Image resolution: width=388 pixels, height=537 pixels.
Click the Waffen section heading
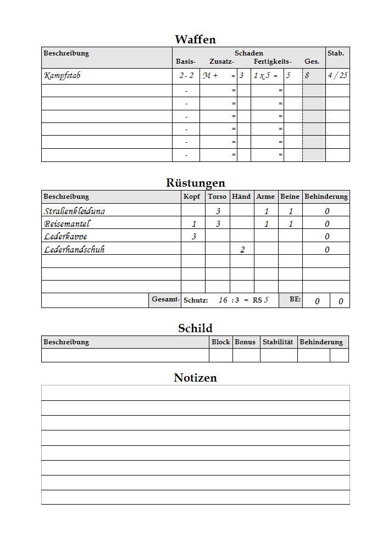click(195, 40)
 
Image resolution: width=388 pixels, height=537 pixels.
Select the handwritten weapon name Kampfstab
click(62, 76)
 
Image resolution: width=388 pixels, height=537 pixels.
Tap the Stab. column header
click(336, 53)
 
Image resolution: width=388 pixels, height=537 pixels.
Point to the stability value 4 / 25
click(337, 76)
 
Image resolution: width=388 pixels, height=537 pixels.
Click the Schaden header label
click(248, 53)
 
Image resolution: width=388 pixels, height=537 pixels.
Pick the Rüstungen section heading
click(195, 183)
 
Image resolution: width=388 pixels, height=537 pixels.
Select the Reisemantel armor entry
click(66, 224)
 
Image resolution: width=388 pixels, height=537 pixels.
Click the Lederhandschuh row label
click(74, 250)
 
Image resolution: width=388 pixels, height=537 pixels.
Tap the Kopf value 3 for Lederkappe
click(193, 237)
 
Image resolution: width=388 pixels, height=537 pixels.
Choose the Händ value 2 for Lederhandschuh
click(242, 250)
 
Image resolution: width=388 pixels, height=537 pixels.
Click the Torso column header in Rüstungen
click(217, 197)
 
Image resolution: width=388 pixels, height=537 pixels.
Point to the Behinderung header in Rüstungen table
click(326, 197)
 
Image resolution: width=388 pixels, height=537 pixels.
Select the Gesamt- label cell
click(165, 300)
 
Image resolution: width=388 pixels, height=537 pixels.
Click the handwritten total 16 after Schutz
click(223, 300)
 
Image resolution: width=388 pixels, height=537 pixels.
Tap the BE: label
click(296, 300)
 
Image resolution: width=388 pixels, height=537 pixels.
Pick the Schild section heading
click(195, 328)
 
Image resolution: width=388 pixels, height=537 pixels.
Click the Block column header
click(220, 342)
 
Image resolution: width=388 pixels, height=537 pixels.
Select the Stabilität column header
click(279, 342)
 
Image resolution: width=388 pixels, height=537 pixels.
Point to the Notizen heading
click(195, 378)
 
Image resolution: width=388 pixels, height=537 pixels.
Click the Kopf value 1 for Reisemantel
click(193, 224)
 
